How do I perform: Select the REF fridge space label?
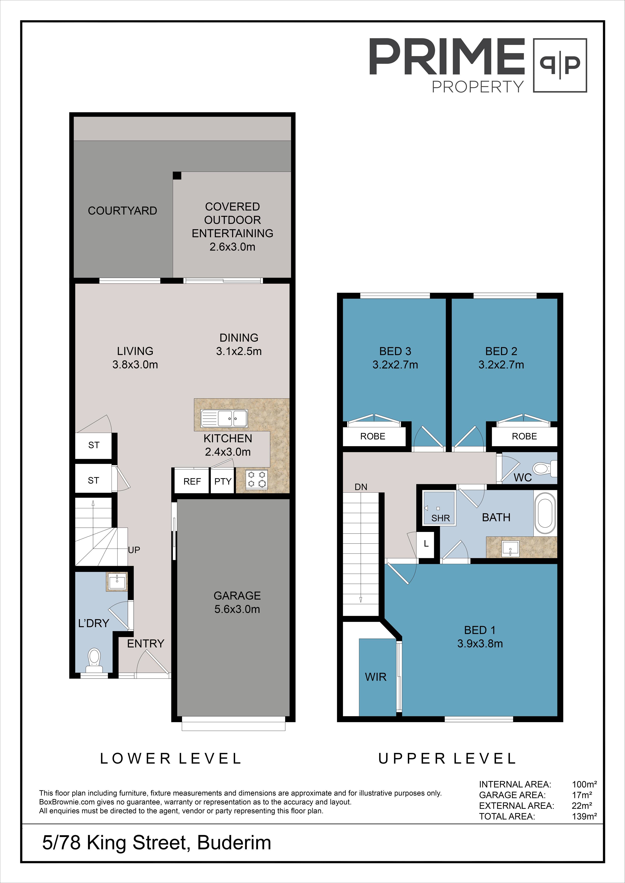pos(192,482)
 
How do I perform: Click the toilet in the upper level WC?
pos(545,468)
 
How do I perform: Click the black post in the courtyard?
pos(177,175)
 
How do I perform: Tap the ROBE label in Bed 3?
pos(373,436)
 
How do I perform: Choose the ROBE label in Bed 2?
pos(524,436)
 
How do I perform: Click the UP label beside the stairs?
pos(134,550)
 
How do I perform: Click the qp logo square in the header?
pos(560,65)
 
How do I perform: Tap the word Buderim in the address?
pos(234,843)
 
